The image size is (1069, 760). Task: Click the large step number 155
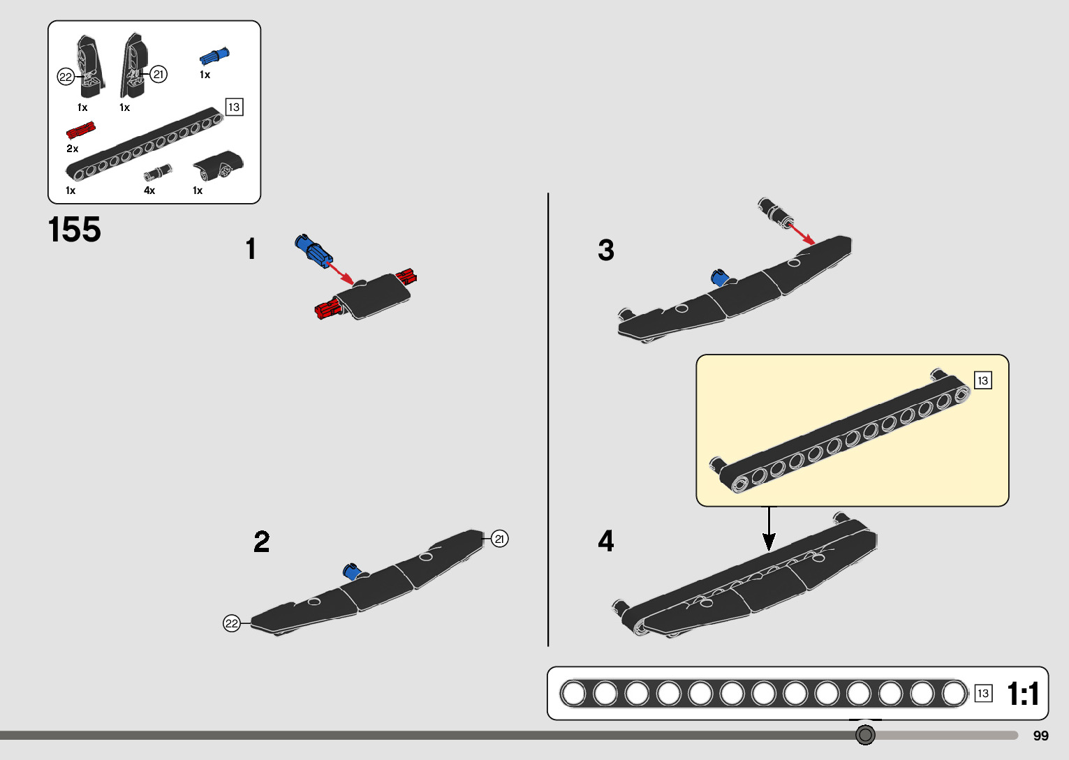(75, 230)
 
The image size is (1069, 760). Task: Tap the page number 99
(1040, 736)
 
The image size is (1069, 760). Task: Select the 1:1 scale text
(1023, 694)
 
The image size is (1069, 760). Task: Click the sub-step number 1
(251, 249)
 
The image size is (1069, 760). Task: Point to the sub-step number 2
(262, 542)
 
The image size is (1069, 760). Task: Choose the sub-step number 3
(606, 250)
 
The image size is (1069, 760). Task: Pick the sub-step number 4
(606, 541)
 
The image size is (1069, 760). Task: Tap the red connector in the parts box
(80, 131)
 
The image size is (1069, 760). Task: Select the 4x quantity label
(149, 191)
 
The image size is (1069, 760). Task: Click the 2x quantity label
(73, 149)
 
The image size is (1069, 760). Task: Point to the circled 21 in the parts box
(159, 74)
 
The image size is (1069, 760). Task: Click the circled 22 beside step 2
(232, 623)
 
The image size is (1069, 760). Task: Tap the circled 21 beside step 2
(499, 539)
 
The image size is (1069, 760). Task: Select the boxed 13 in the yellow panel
(982, 380)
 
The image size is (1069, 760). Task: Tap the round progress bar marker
(865, 735)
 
